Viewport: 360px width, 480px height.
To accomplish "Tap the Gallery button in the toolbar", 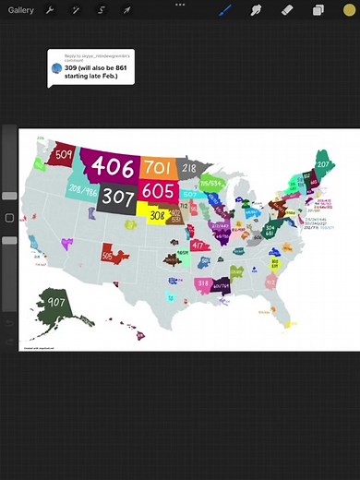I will tap(21, 10).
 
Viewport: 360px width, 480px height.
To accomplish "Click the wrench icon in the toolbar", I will tap(50, 10).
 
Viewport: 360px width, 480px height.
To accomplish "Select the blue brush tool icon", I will tap(225, 10).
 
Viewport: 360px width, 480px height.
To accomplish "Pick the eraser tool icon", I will tap(286, 10).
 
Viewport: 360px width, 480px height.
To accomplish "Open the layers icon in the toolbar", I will tap(318, 10).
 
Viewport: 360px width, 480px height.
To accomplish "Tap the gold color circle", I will tap(348, 10).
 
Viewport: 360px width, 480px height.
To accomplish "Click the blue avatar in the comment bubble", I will tap(56, 68).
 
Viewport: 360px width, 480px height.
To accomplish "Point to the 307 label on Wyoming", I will tap(118, 197).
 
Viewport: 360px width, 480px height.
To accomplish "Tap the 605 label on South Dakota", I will tap(159, 190).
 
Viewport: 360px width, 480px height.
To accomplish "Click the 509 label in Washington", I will tap(65, 154).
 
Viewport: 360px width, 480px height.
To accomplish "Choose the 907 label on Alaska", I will tap(57, 303).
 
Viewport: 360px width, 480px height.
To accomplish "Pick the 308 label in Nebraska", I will tap(158, 214).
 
